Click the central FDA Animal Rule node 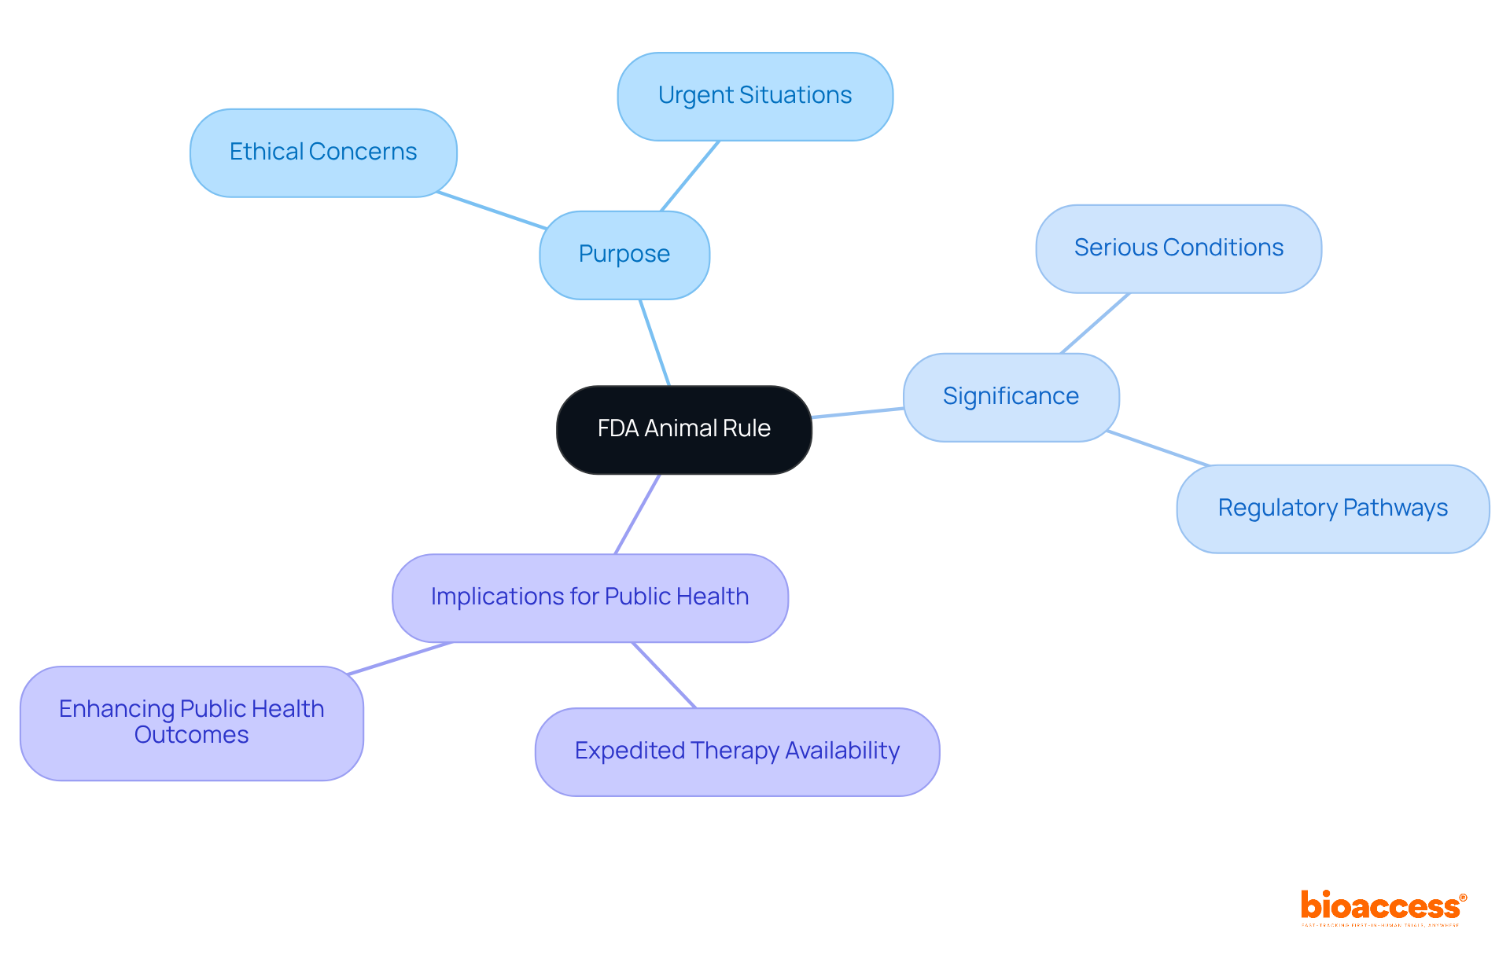(683, 429)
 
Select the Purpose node (624, 255)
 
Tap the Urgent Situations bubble (755, 96)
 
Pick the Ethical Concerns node (323, 152)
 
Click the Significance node (1011, 397)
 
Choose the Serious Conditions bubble (1178, 248)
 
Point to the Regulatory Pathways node (1332, 509)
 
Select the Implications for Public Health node (590, 597)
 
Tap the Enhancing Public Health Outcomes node (191, 722)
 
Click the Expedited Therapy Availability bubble (737, 751)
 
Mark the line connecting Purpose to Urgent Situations (690, 176)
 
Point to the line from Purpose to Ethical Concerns (492, 210)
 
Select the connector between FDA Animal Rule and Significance (857, 413)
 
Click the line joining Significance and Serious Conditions (1095, 323)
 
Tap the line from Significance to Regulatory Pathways (1156, 448)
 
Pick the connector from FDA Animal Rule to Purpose (654, 343)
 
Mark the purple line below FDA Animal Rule (637, 514)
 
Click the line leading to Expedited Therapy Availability (665, 675)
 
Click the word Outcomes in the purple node (191, 736)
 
